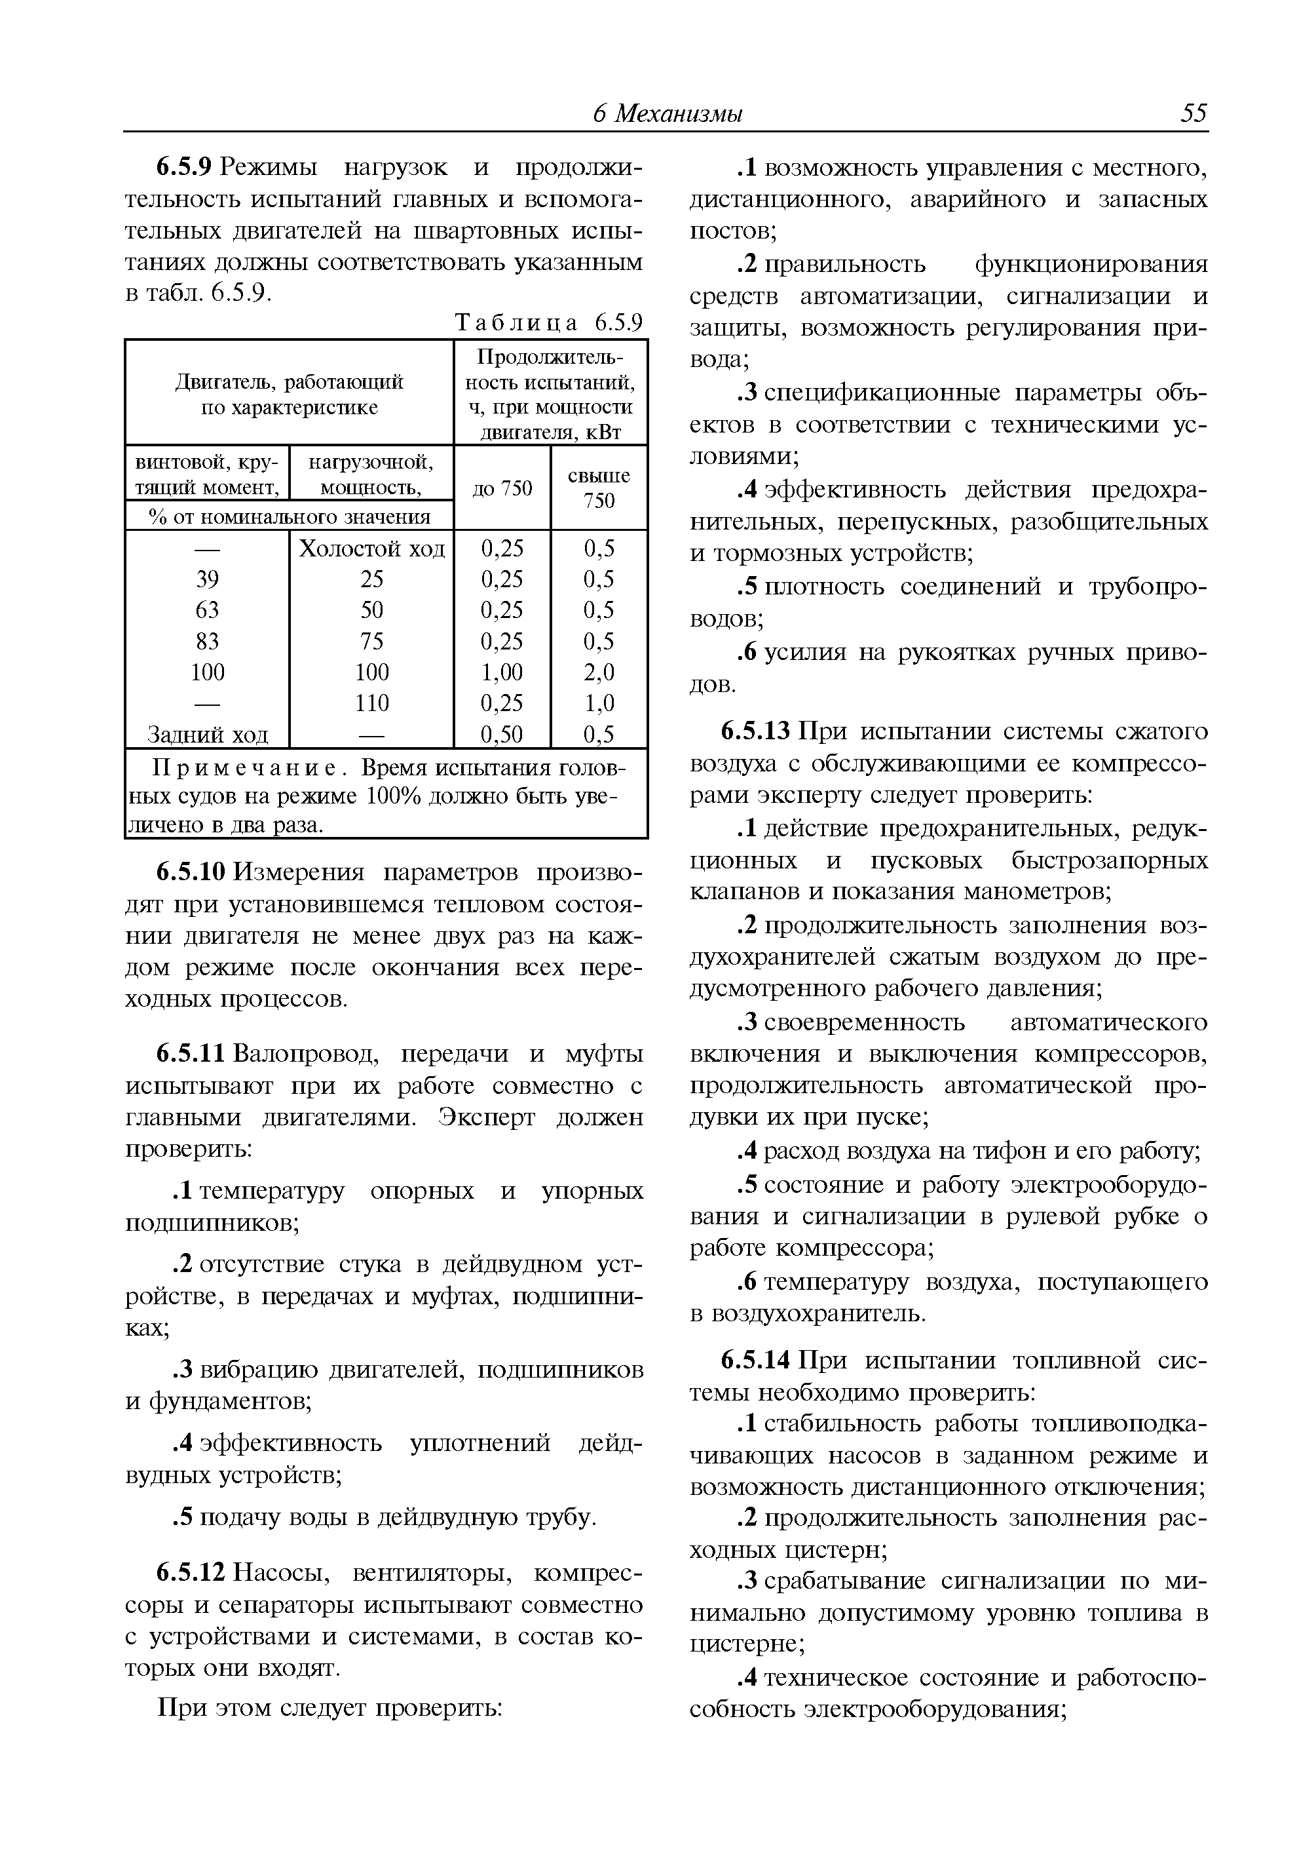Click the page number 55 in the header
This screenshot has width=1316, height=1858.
point(1193,113)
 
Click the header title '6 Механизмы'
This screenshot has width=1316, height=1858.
point(667,113)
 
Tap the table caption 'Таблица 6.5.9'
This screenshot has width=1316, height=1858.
point(548,322)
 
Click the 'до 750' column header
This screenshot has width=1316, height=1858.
point(502,488)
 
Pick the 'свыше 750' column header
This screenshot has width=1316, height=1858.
point(599,488)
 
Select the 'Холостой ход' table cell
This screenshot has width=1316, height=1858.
point(372,549)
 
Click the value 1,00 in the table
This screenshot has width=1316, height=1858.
point(502,672)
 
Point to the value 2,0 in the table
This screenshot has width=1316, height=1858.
point(599,672)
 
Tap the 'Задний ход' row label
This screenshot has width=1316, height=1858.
point(208,735)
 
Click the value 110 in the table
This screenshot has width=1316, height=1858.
point(372,703)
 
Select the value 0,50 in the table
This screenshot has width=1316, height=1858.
point(502,735)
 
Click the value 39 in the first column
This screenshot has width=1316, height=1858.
point(208,579)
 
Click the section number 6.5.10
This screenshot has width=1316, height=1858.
point(192,872)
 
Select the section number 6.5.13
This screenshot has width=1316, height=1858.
point(755,731)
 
